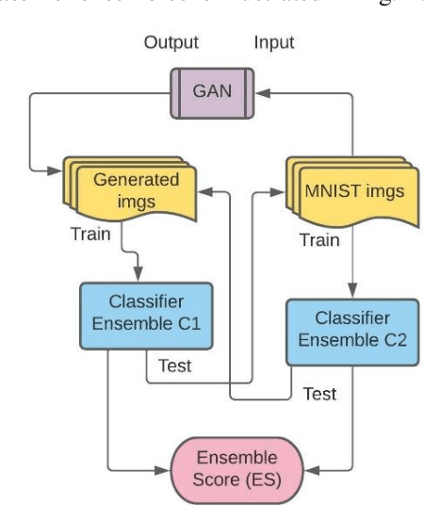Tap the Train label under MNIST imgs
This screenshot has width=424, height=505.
319,239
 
